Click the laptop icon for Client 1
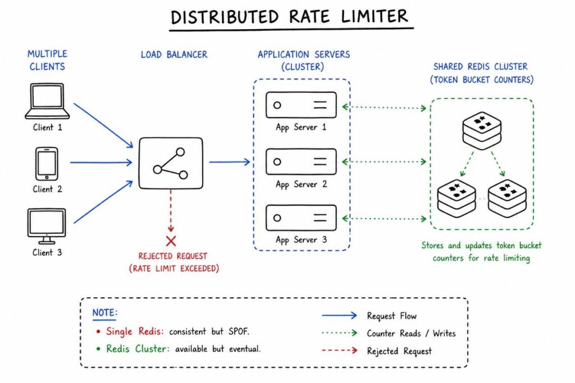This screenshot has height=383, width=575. pos(47,101)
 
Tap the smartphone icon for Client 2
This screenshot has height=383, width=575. pos(46,163)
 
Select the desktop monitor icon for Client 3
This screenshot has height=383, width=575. pos(46,225)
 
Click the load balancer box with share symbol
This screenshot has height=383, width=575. pos(171,163)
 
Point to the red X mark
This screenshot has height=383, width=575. pos(171,241)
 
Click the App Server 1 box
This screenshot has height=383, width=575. pos(301,105)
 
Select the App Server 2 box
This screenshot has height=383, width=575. pos(301,161)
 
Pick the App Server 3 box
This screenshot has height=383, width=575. pos(301,218)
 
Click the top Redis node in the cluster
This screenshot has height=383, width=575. pos(482,130)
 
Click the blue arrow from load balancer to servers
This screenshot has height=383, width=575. pos(230,162)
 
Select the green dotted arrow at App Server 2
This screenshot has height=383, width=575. pos(384,162)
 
